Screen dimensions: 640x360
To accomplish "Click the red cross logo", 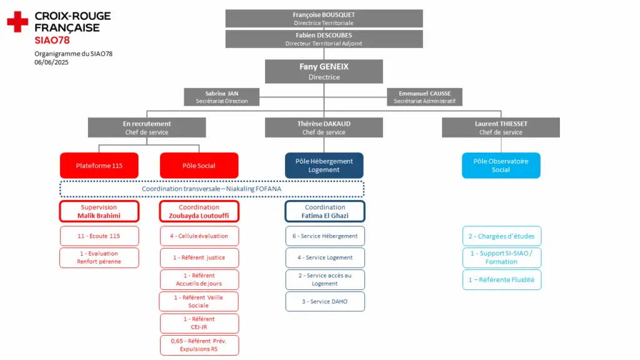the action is [x=17, y=22].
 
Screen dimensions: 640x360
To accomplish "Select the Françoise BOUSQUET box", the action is [x=324, y=18].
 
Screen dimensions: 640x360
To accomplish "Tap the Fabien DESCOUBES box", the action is [x=324, y=39].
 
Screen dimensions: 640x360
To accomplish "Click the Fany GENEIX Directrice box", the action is [x=324, y=71].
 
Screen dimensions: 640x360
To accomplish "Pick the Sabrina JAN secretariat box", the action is [x=222, y=97].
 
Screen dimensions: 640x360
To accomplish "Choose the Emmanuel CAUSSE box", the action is [x=424, y=97].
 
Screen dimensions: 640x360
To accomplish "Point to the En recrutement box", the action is [x=147, y=127].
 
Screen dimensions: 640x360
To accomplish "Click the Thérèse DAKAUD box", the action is [x=324, y=127].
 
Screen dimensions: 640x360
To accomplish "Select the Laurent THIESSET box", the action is [x=501, y=127].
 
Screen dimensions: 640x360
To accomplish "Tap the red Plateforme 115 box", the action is [x=99, y=165].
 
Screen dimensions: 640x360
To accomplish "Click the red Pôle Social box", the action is [x=199, y=165].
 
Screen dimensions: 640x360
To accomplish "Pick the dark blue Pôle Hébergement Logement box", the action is [x=324, y=165].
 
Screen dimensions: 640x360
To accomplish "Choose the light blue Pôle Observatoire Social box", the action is [x=501, y=165].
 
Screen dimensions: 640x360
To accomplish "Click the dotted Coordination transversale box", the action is [x=212, y=189].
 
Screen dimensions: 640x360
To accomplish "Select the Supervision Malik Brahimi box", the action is [x=99, y=211].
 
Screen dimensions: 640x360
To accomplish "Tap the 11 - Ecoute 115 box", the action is [x=99, y=236].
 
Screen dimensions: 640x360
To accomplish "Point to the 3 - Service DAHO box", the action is [x=325, y=302].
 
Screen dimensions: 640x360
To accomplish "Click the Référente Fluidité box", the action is [x=502, y=279].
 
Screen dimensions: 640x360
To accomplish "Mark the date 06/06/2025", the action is [x=51, y=62].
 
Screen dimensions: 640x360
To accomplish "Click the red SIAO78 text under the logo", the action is [x=52, y=40].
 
